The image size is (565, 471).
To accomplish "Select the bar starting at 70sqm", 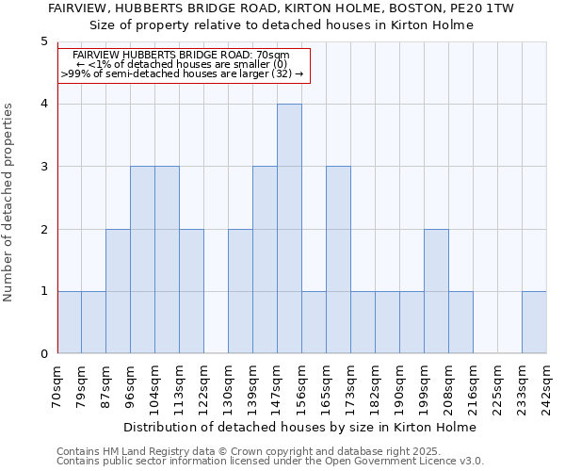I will [x=69, y=322].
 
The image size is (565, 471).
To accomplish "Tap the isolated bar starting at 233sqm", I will [x=534, y=322].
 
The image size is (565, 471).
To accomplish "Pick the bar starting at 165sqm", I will [x=338, y=260].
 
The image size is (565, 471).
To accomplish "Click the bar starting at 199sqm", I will [x=436, y=291].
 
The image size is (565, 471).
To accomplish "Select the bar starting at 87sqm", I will [x=118, y=291].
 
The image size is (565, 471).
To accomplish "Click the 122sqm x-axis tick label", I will [x=204, y=387].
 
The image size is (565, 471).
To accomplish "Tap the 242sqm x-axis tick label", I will [x=547, y=387].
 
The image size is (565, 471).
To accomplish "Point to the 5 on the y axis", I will [x=43, y=41].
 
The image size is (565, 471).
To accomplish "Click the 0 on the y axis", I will [x=43, y=354].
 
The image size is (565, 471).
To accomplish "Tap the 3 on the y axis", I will [x=43, y=167].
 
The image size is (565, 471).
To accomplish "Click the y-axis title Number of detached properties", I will [x=9, y=203].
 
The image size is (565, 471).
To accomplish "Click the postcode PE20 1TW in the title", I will [x=479, y=8].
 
